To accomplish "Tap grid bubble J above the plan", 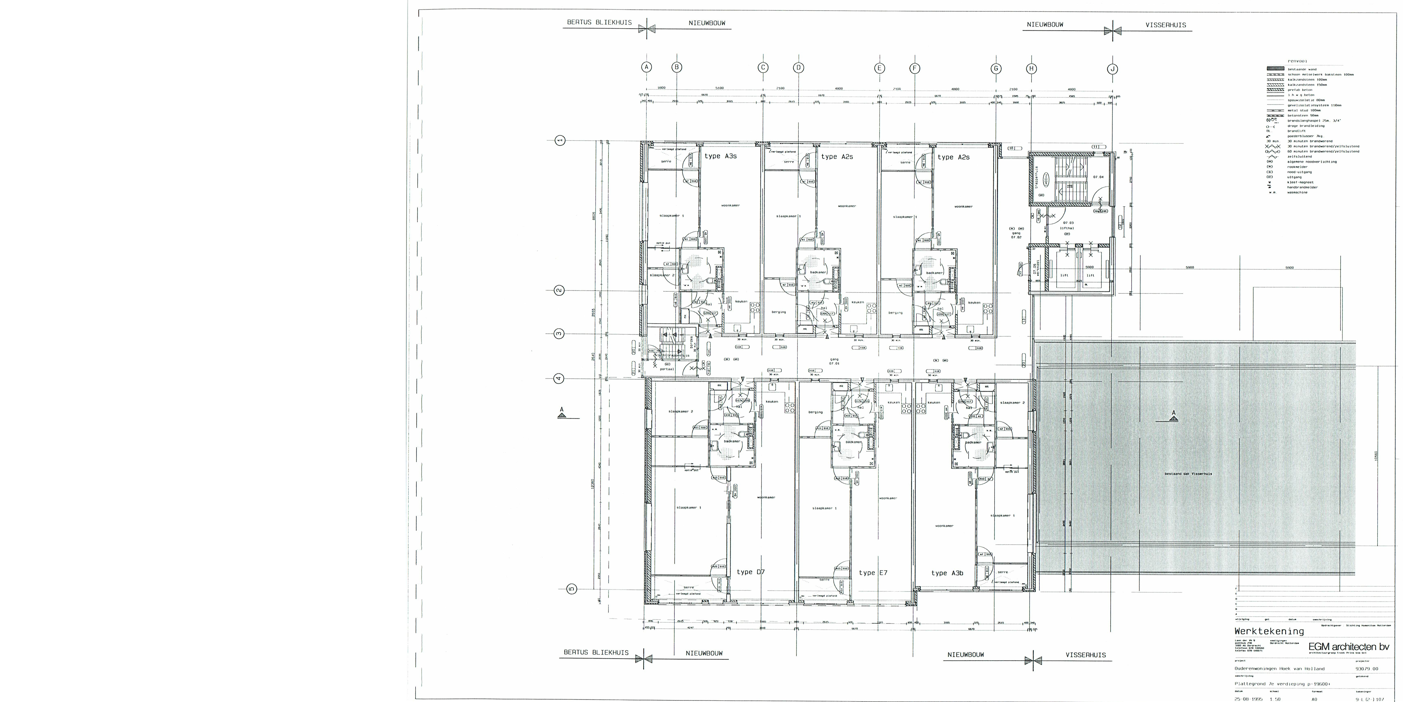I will click(1113, 69).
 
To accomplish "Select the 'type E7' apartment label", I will click(873, 572).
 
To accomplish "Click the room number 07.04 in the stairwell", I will click(1098, 177).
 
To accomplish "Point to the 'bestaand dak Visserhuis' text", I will click(1188, 474).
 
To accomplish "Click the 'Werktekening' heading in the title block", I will click(1269, 631).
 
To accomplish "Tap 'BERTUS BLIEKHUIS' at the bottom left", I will click(596, 652).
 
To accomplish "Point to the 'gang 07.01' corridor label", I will click(834, 361).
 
